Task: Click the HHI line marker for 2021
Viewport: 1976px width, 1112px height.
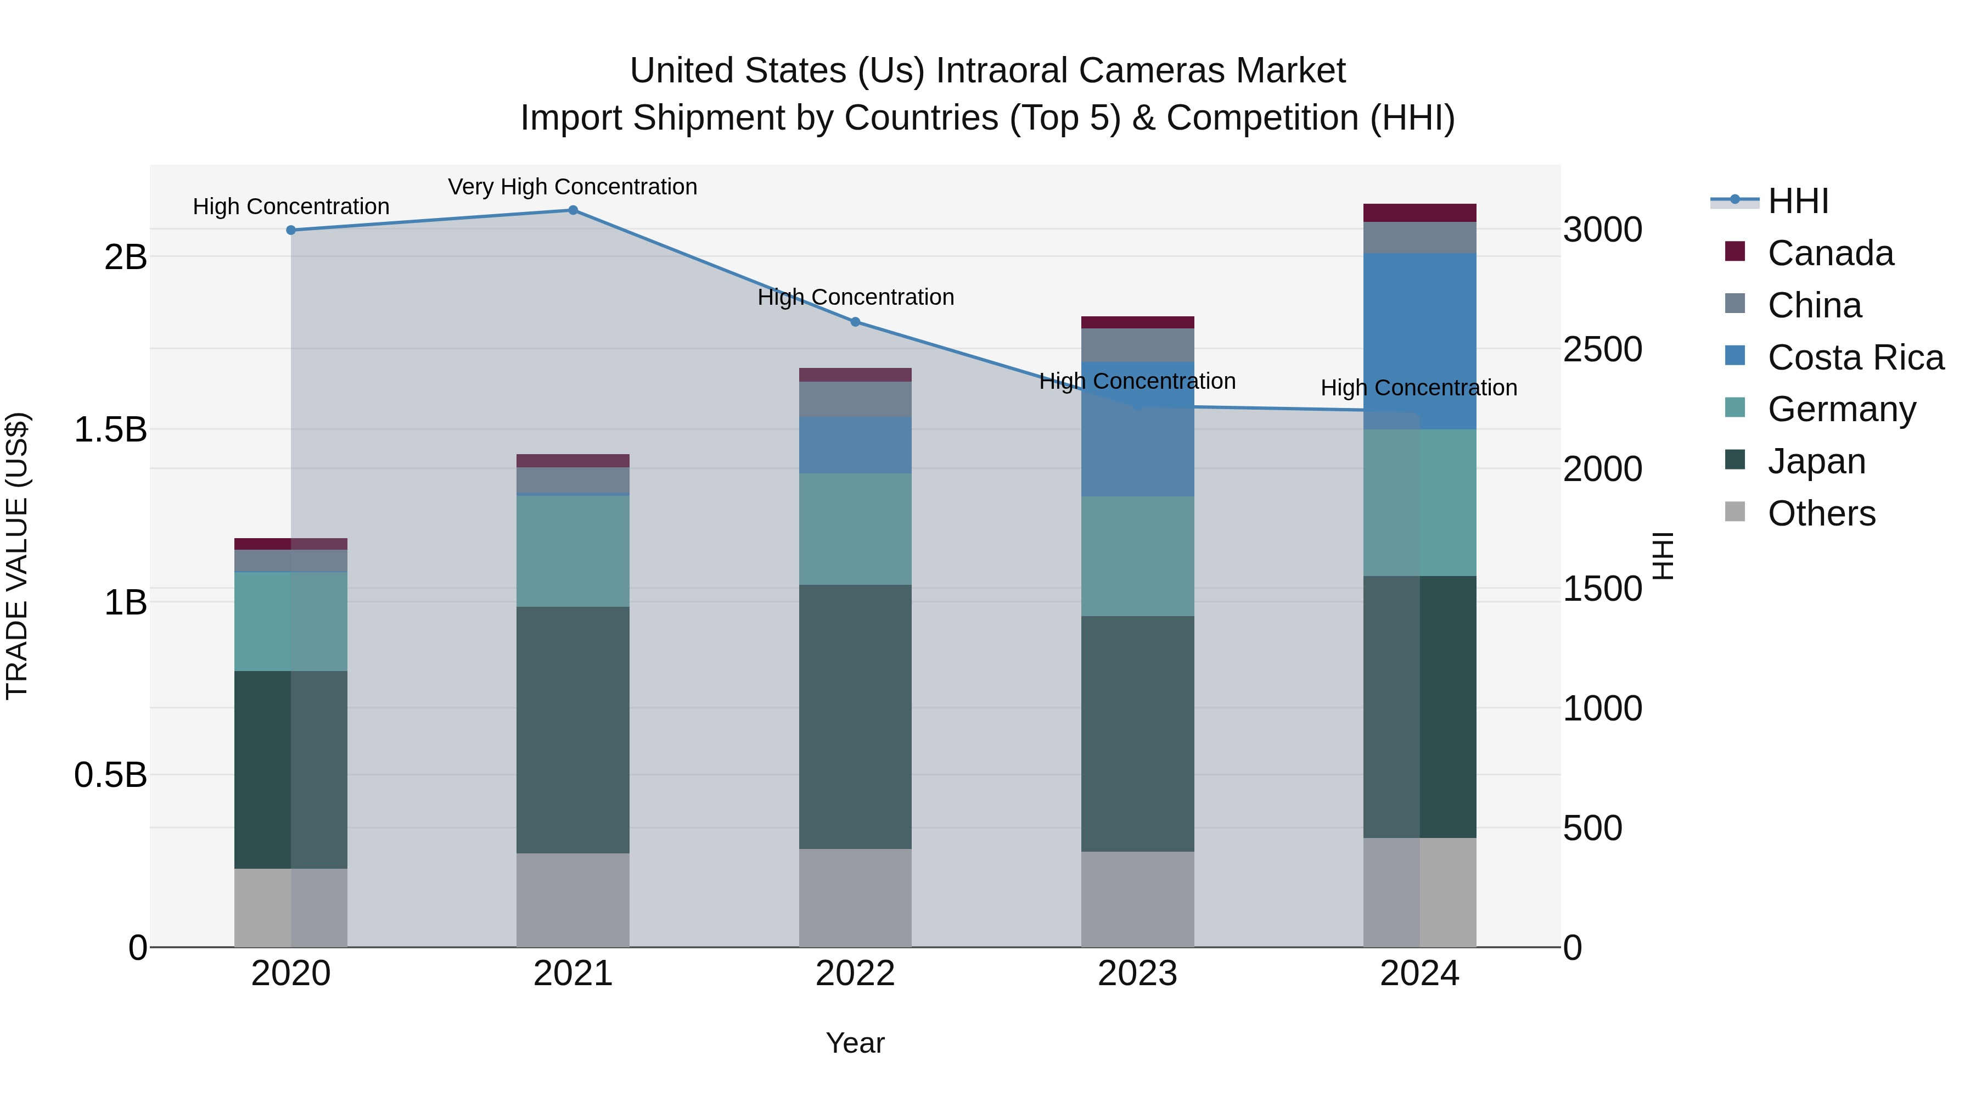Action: (572, 210)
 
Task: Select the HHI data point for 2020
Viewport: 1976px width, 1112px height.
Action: (291, 230)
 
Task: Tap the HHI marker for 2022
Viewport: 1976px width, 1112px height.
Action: (855, 322)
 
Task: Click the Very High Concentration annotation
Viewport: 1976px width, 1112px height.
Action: (572, 187)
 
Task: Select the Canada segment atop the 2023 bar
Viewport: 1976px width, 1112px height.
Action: (1138, 322)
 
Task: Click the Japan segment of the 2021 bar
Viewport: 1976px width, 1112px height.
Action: (572, 729)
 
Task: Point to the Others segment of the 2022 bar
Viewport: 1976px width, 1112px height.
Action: (855, 897)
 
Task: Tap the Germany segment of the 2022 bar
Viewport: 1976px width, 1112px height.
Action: (855, 529)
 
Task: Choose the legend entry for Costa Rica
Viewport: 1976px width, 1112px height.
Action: (1855, 357)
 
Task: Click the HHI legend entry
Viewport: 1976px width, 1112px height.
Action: (1797, 201)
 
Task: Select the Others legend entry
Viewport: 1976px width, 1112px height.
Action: (1821, 513)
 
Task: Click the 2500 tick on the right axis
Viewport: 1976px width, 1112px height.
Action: (1602, 350)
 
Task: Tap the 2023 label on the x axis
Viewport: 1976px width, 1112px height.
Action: (1138, 974)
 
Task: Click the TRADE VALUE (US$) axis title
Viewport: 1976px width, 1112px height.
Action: (18, 556)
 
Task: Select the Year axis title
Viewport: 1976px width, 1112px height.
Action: (855, 1043)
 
